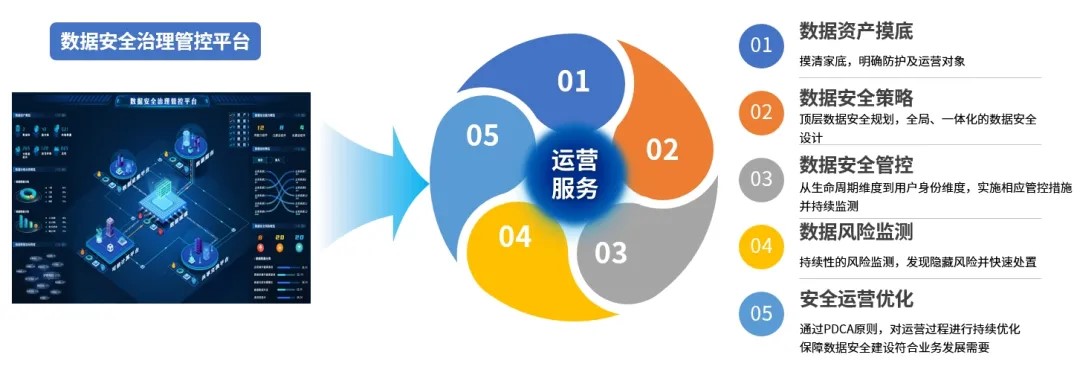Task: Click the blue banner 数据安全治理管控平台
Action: pos(155,41)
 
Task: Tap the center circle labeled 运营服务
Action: pos(575,173)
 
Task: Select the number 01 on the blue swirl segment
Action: pos(574,81)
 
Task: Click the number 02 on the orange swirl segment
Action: pos(662,150)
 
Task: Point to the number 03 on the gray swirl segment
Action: pos(610,251)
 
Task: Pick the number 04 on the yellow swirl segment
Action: pos(515,237)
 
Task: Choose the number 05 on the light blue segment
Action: pos(482,135)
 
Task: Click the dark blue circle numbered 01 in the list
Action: pos(762,44)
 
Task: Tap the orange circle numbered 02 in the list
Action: pos(762,112)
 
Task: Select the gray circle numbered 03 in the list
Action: pos(762,179)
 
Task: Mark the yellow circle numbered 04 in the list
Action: pos(762,246)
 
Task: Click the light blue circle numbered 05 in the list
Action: pos(762,313)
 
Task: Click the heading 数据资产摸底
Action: pos(856,30)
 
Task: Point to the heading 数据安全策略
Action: pos(856,98)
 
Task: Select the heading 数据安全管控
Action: pos(856,165)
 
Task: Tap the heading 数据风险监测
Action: pos(856,232)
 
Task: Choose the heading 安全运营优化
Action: pos(856,299)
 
